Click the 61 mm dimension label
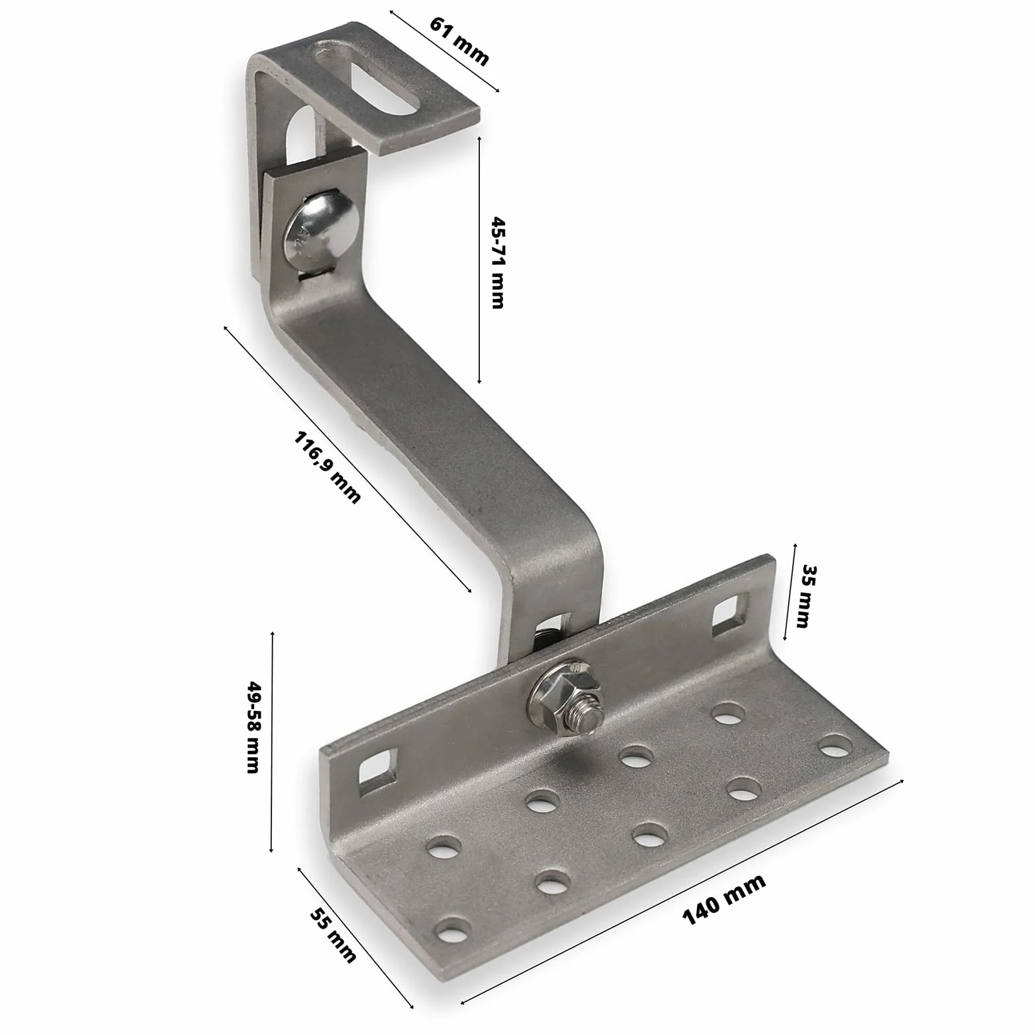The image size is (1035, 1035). pos(459,41)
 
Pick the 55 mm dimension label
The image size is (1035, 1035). pos(333,935)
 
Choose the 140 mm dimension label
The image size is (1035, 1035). pos(724,898)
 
